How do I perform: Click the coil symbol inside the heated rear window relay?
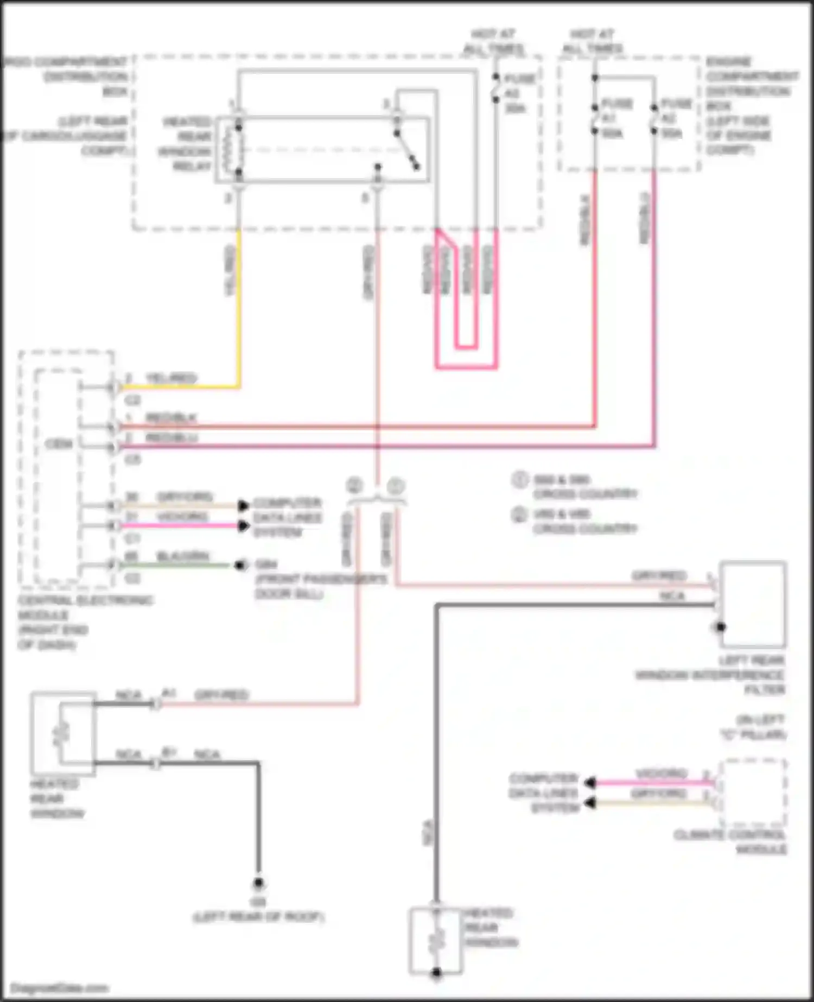pyautogui.click(x=237, y=150)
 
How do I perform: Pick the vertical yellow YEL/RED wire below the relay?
pyautogui.click(x=238, y=304)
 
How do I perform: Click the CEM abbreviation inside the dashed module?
pyautogui.click(x=59, y=444)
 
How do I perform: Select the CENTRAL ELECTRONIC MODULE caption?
pyautogui.click(x=85, y=622)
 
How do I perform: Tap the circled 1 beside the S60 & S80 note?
pyautogui.click(x=519, y=480)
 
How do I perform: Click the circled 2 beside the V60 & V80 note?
pyautogui.click(x=519, y=514)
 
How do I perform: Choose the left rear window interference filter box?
pyautogui.click(x=753, y=604)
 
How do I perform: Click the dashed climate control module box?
pyautogui.click(x=752, y=793)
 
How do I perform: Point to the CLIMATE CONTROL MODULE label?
pyautogui.click(x=730, y=842)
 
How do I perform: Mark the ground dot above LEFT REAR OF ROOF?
pyautogui.click(x=259, y=884)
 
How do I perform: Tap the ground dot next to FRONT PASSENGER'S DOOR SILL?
pyautogui.click(x=239, y=566)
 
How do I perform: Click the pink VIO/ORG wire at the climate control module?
pyautogui.click(x=651, y=783)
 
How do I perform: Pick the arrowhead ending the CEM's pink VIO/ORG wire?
pyautogui.click(x=244, y=526)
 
